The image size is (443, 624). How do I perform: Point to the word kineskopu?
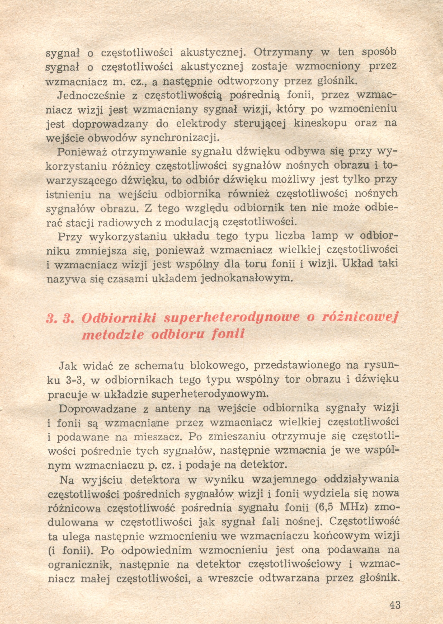pos(320,123)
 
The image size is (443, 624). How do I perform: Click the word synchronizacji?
pos(180,138)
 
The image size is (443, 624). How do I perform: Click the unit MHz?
pos(352,508)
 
